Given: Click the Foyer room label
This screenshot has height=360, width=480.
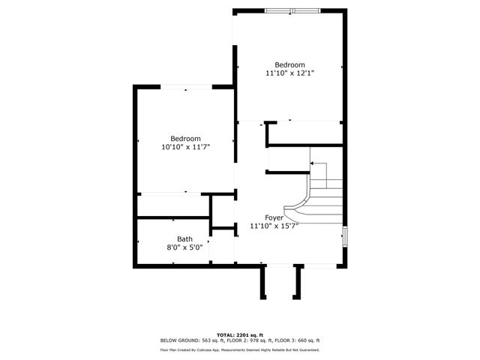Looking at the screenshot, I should [x=274, y=217].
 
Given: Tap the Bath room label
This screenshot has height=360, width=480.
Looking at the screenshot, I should [x=184, y=239].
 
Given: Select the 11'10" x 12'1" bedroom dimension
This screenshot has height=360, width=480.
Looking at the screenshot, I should [x=289, y=73].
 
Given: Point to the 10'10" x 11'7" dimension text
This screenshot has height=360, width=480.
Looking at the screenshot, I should [x=185, y=148].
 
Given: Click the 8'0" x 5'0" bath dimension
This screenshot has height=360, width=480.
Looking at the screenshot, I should [x=184, y=247].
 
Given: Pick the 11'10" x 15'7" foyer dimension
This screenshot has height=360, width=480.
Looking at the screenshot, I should [x=274, y=226].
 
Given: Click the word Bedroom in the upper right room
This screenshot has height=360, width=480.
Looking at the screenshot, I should [x=289, y=64].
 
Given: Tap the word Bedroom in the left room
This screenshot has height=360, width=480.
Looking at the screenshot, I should [x=185, y=139].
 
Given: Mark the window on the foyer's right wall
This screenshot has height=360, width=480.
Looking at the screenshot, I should [x=345, y=235].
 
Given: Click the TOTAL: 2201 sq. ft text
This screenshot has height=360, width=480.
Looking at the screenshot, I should [x=240, y=334].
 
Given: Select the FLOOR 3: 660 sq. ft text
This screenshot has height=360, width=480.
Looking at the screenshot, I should [x=295, y=341].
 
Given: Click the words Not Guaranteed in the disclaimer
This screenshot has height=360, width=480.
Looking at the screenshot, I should [x=304, y=350].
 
